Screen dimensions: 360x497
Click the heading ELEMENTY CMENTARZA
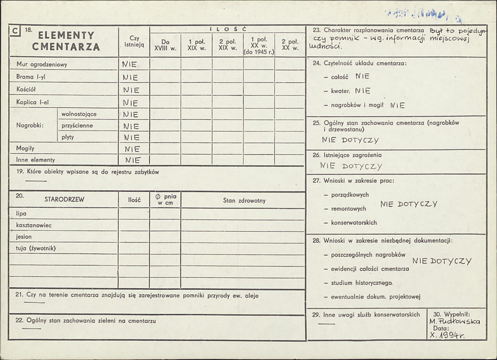(66, 41)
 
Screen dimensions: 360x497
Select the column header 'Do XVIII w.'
(165, 45)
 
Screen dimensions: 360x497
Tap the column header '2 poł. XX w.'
(290, 45)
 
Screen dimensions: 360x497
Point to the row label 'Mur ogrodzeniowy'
(41, 64)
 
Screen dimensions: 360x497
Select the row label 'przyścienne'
(77, 125)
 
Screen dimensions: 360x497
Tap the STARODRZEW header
(64, 199)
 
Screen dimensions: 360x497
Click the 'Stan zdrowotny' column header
(244, 201)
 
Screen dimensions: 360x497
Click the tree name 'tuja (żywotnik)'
(36, 248)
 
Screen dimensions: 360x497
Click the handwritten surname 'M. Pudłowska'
(455, 321)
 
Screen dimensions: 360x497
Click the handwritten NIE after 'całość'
(362, 76)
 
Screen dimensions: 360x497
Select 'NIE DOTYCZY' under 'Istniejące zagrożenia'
(351, 166)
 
